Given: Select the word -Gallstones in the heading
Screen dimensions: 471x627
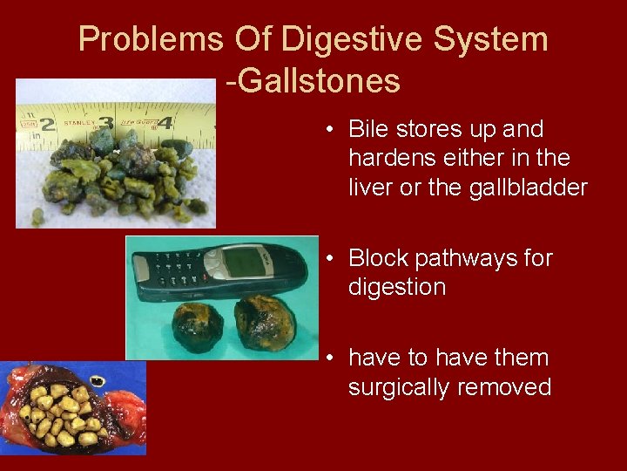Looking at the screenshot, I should coord(313,81).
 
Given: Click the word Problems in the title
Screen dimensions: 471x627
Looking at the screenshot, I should coord(151,39).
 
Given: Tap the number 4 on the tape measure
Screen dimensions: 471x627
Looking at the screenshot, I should coord(165,124).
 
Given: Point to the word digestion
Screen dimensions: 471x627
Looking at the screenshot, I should coord(396,287).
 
